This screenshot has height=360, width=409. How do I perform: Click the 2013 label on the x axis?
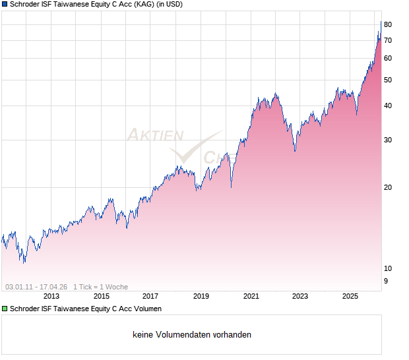pos(51,297)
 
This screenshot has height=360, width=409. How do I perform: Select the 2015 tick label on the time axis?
pos(102,297)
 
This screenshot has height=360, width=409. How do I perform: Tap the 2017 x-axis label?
pos(150,297)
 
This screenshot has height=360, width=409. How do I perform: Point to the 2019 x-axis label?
pos(201,297)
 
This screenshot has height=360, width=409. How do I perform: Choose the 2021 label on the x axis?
pos(251,297)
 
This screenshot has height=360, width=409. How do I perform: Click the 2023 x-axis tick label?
pos(300,297)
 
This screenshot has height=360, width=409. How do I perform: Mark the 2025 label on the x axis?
pos(350,297)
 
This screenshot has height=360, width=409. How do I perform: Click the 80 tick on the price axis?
pos(388,25)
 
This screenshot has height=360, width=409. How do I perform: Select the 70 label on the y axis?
pos(388,41)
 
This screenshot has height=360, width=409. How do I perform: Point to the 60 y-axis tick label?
pos(388,59)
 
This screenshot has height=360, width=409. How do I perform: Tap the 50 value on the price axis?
pos(388,80)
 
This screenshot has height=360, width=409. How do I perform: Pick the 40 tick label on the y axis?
pos(388,106)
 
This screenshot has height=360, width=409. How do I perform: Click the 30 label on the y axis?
pos(388,140)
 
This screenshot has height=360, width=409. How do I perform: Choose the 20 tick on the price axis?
pos(388,188)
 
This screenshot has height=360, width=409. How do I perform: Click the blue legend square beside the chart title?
pos(5,5)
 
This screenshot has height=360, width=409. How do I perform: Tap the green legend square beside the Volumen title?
pos(5,309)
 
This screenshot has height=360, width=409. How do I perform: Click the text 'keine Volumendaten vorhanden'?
pos(192,335)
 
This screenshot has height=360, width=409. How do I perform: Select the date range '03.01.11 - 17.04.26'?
pos(36,287)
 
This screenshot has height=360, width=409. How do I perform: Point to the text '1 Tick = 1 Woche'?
pos(100,287)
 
